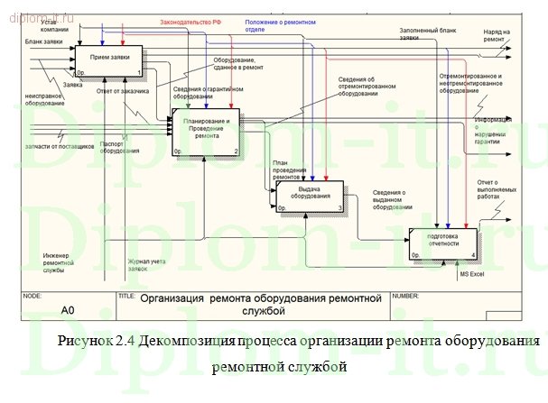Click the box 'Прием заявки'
pos(108,60)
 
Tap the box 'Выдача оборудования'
pos(310,196)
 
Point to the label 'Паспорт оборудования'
pos(113,147)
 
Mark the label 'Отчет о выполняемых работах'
pos(495,189)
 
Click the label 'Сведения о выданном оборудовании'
pos(394,200)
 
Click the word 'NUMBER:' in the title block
pos(406,296)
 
